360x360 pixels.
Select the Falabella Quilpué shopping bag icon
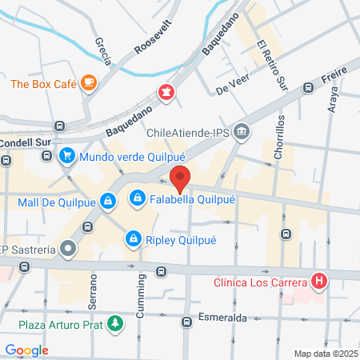(x=138, y=197)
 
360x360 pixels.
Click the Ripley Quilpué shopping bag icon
(x=132, y=238)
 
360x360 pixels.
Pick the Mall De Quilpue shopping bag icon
(x=106, y=202)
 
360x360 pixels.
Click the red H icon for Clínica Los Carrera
(x=319, y=282)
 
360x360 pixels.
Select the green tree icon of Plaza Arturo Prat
(x=117, y=324)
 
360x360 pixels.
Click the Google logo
(x=26, y=350)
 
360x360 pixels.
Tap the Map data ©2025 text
(x=325, y=354)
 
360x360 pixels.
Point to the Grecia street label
(x=102, y=50)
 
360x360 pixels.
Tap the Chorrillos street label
(x=279, y=136)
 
